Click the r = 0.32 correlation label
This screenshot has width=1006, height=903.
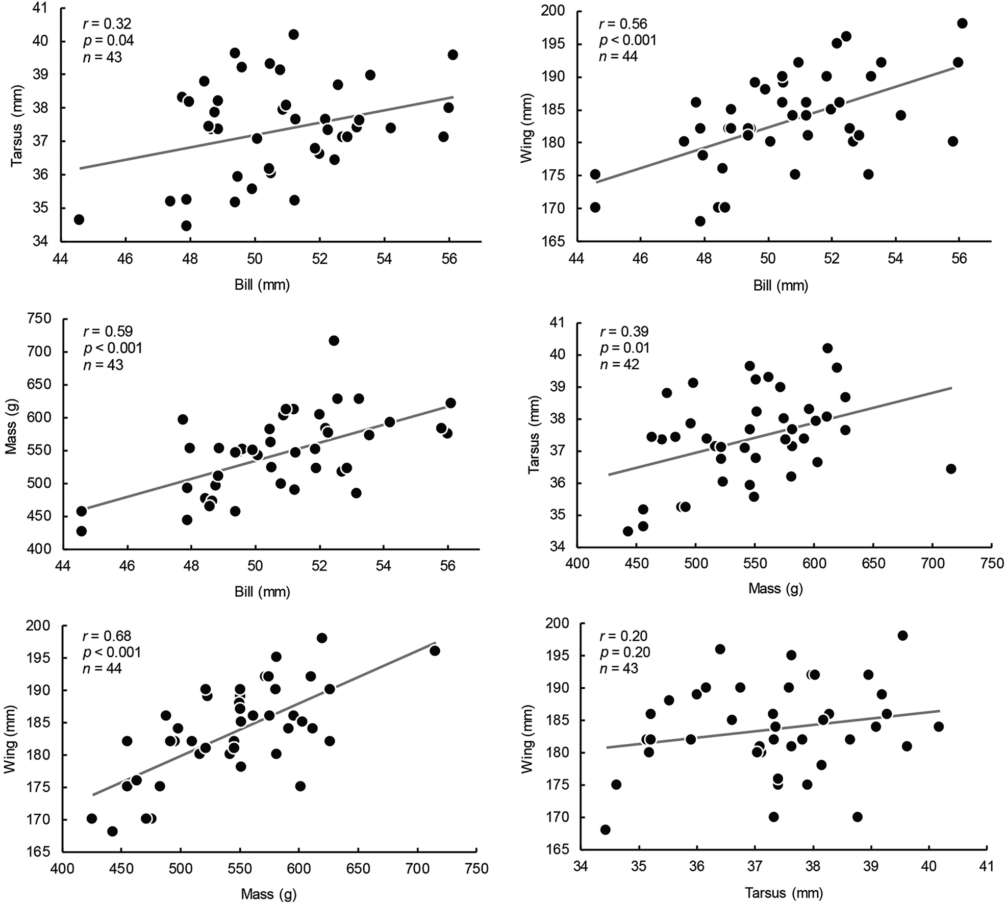[107, 24]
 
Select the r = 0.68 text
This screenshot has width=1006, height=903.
[107, 636]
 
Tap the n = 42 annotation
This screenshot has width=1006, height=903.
[619, 364]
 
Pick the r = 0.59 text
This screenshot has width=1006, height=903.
[107, 332]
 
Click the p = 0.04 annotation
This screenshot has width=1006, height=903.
[108, 40]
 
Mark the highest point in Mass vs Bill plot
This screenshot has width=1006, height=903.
[334, 340]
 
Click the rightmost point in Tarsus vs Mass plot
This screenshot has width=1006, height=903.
[950, 468]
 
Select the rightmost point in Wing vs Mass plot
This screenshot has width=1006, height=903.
[435, 650]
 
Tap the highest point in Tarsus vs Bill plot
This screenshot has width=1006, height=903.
[293, 34]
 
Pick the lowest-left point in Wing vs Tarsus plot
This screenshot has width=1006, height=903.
[605, 830]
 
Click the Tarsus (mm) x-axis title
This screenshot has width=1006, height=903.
[784, 893]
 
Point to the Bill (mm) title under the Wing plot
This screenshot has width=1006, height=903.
[781, 286]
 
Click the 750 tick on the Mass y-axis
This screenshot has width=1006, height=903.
[40, 319]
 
